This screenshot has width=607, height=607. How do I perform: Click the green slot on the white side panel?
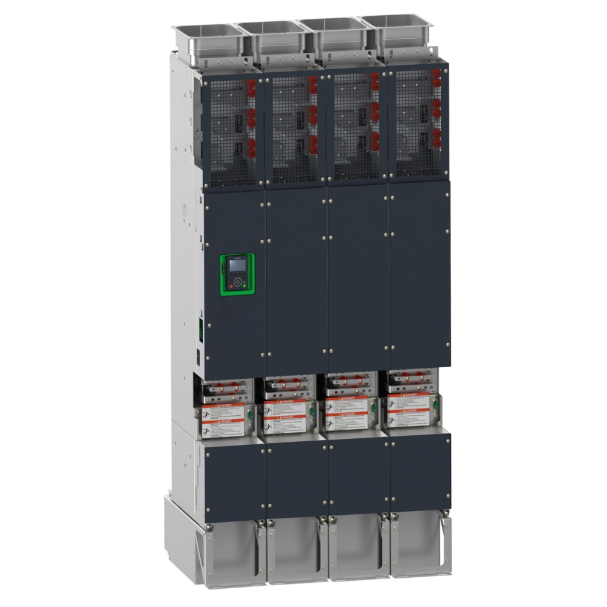tap(199, 331)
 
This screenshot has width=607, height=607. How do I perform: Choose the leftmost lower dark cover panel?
tap(234, 476)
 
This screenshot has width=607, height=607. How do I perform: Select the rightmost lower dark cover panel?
tap(420, 470)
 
